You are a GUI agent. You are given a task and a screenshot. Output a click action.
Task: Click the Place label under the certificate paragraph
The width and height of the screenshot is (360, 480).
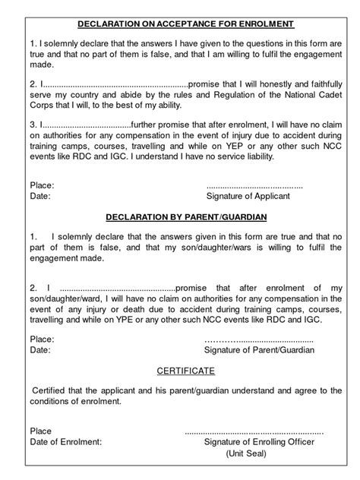[41, 430]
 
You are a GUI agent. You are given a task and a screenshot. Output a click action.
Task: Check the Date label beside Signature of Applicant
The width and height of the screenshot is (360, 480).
[39, 196]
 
